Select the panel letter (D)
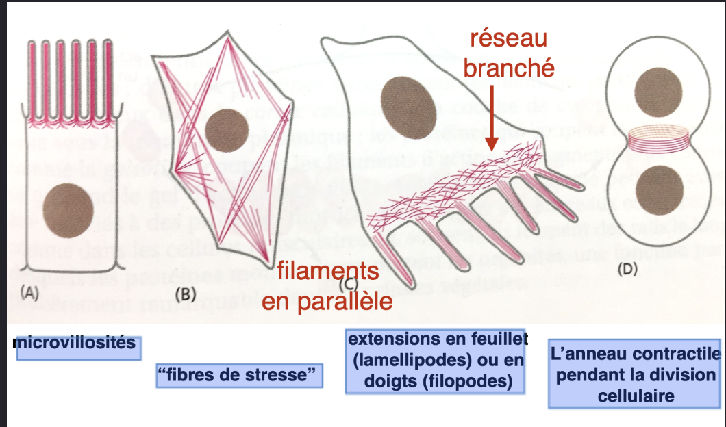pyautogui.click(x=628, y=269)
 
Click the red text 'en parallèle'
pyautogui.click(x=323, y=301)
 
